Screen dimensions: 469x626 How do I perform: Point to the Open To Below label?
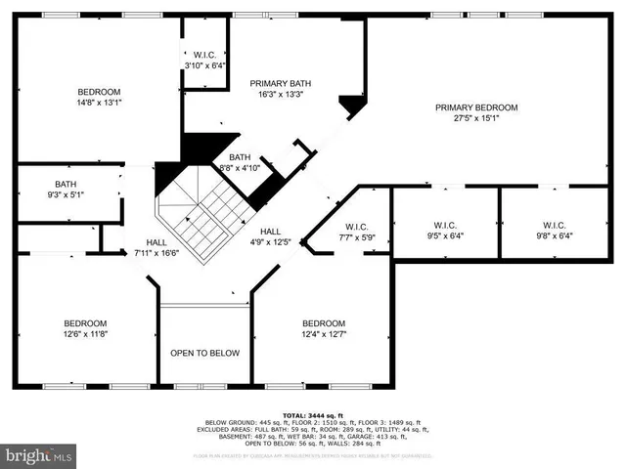[x=205, y=353]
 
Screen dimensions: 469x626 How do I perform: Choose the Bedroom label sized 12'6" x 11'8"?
[x=86, y=322]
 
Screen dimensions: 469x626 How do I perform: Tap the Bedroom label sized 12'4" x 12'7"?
[x=323, y=323]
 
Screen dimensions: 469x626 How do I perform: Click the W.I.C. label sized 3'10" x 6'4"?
[x=205, y=54]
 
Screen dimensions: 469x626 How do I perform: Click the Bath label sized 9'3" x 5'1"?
[x=67, y=184]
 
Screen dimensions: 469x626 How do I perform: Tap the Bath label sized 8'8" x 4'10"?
[x=241, y=157]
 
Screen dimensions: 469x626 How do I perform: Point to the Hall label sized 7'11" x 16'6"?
[x=156, y=241]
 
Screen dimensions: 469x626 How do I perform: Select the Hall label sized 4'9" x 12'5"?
[x=271, y=231]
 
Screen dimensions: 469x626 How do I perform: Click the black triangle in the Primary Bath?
[x=349, y=104]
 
